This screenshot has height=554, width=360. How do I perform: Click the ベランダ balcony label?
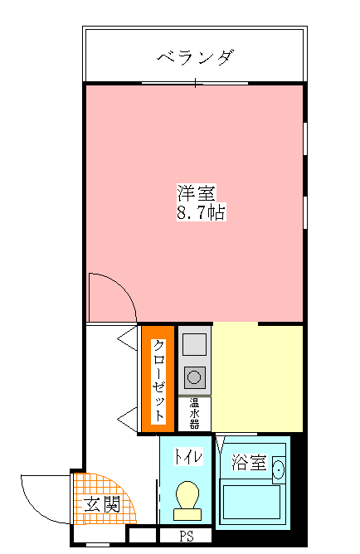click(x=196, y=57)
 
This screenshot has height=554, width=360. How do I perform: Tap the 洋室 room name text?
click(x=196, y=192)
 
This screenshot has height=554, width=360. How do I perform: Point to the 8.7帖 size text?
click(x=201, y=212)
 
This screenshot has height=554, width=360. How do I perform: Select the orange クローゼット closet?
click(x=158, y=379)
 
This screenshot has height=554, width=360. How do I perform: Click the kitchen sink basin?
click(x=194, y=344)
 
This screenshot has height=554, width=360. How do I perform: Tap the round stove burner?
click(x=194, y=377)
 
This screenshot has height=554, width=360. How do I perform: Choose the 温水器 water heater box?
click(x=194, y=414)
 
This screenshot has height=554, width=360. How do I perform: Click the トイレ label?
click(x=188, y=457)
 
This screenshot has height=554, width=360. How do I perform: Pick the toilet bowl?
click(x=187, y=500)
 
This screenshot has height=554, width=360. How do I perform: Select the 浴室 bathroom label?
click(x=249, y=462)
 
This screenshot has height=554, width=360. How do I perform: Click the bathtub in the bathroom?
click(x=251, y=502)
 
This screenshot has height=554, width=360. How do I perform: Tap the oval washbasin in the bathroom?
click(x=279, y=470)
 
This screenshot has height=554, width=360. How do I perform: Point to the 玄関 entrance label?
click(x=102, y=504)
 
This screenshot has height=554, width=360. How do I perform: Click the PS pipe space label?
click(x=186, y=536)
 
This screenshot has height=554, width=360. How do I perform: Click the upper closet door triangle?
click(x=127, y=338)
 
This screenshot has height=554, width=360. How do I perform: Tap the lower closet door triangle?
click(x=127, y=420)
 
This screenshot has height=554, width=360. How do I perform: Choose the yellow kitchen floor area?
click(x=257, y=378)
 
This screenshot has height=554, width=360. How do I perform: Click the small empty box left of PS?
click(x=142, y=535)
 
